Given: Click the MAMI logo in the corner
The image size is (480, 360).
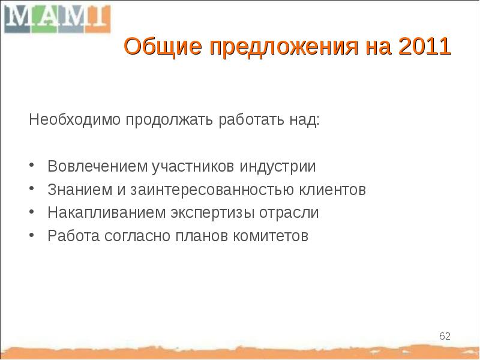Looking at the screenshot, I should point(57,19).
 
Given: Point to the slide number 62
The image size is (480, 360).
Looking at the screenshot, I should point(445,335).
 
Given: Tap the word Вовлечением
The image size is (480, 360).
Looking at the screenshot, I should point(98,166).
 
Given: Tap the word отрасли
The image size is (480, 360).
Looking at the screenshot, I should point(292,213).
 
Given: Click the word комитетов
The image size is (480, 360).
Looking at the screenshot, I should point(271,236).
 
